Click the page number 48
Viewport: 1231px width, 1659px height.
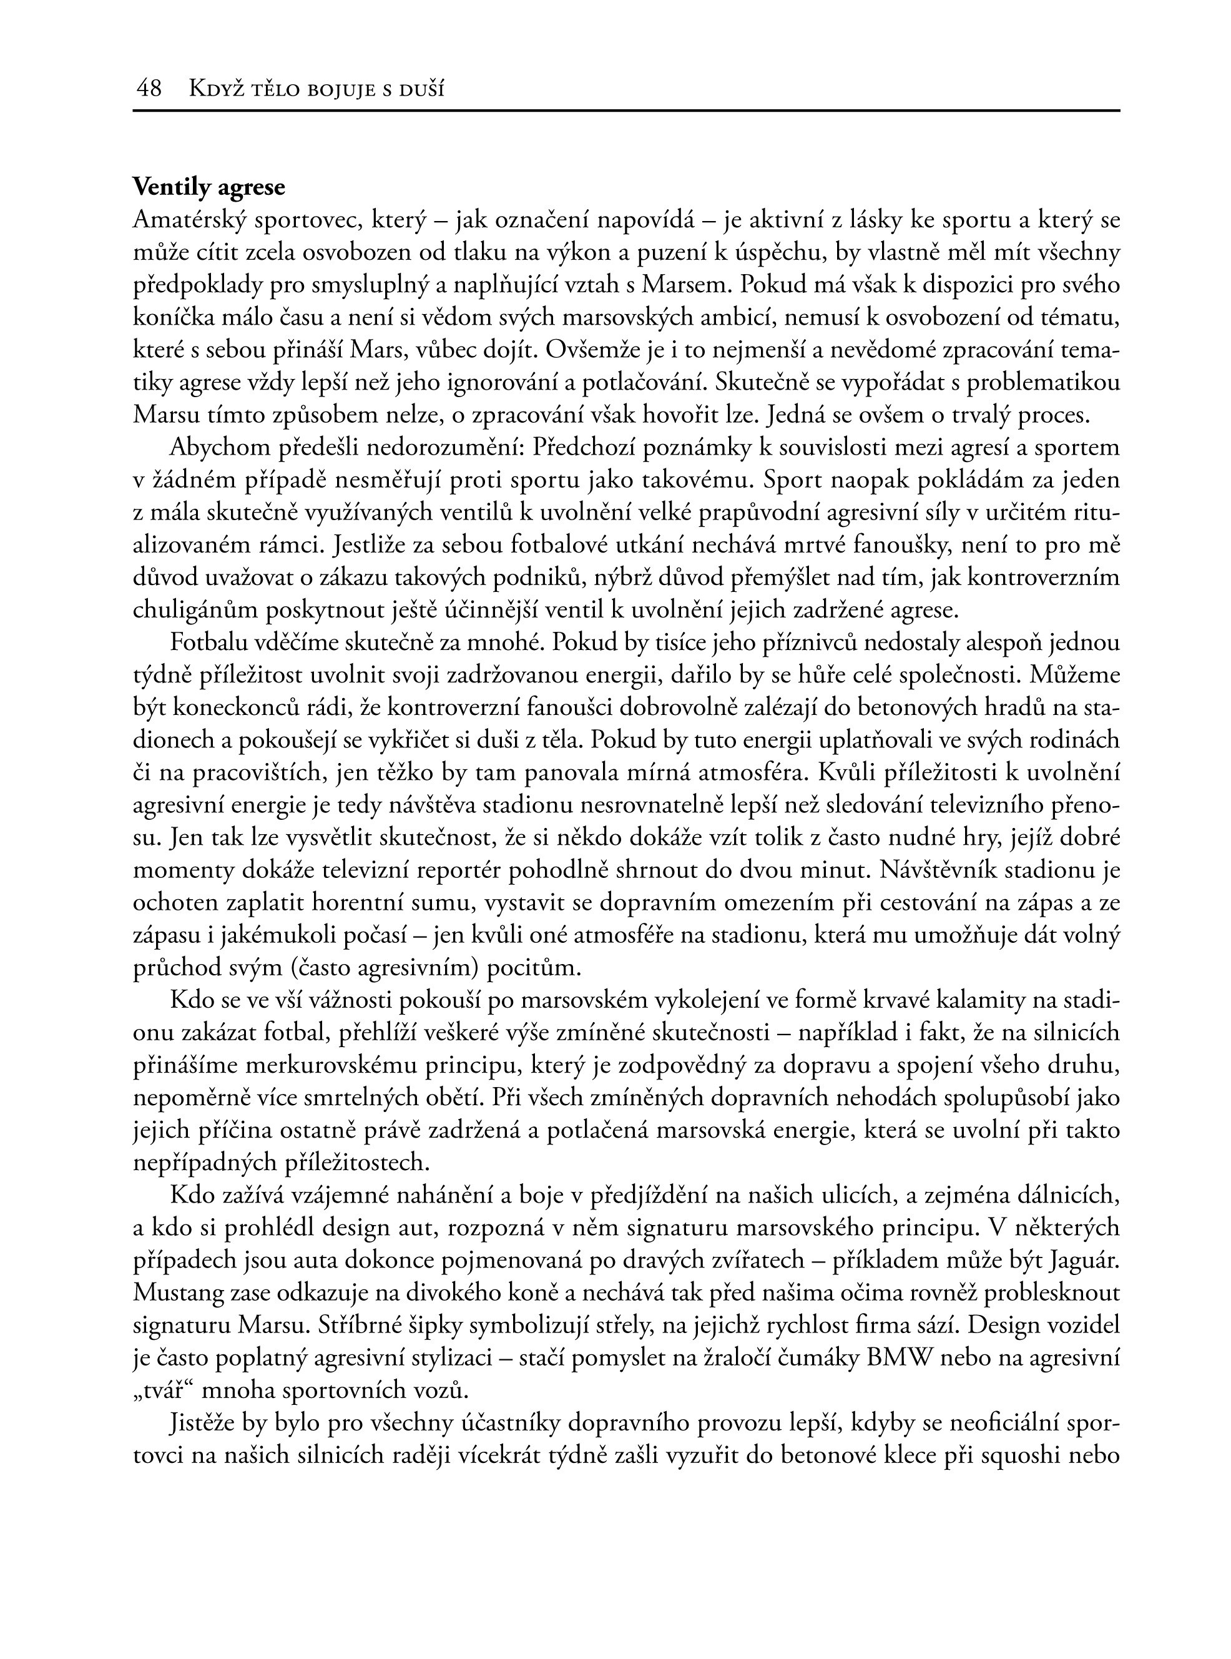pyautogui.click(x=149, y=89)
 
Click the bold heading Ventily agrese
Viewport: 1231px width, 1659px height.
pyautogui.click(x=208, y=187)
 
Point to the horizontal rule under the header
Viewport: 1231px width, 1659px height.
pyautogui.click(x=626, y=111)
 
